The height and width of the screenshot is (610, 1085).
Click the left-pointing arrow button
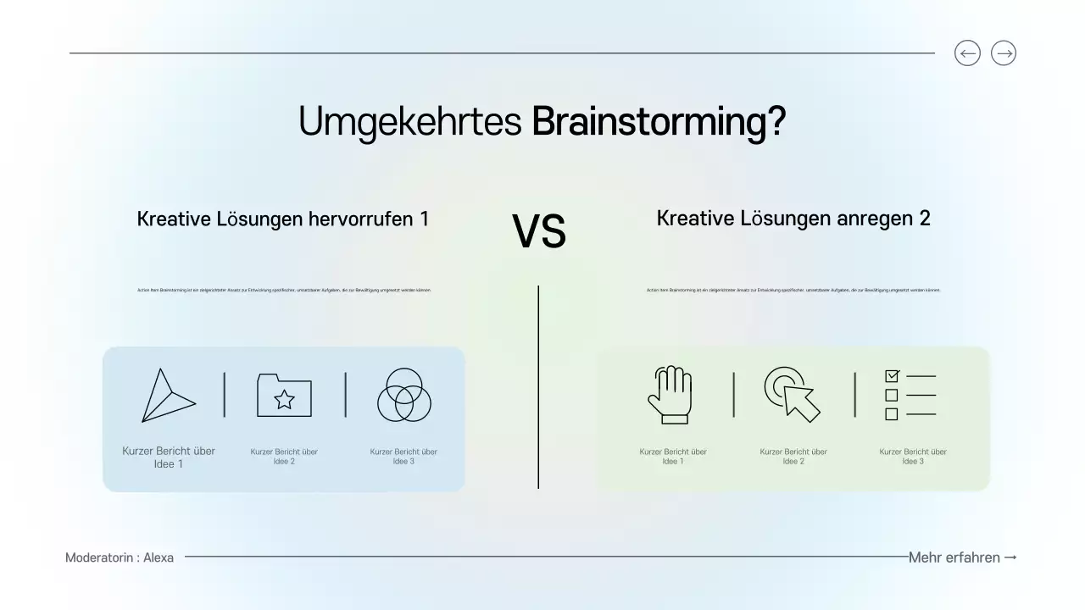(x=967, y=53)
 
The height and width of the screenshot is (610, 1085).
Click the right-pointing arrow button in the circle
(x=1004, y=53)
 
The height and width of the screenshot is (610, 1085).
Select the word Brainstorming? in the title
(x=659, y=122)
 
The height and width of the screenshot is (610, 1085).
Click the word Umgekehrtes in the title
(x=409, y=122)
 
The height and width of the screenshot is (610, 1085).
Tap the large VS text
(x=539, y=232)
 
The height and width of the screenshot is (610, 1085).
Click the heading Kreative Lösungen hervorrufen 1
(x=283, y=219)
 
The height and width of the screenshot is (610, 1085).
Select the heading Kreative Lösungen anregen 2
(x=793, y=218)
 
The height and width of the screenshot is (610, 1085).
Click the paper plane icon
(x=167, y=396)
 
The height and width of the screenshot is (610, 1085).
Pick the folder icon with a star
(x=284, y=395)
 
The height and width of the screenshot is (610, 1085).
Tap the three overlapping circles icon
(x=404, y=395)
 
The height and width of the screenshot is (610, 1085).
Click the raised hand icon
(x=670, y=395)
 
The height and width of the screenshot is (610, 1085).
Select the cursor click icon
(x=793, y=394)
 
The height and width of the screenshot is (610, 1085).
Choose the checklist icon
(x=910, y=395)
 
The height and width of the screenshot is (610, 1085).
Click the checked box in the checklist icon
(x=892, y=375)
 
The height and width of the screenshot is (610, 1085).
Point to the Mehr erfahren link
(x=962, y=557)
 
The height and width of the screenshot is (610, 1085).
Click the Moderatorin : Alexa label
(x=120, y=557)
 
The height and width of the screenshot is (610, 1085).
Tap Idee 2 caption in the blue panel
(x=284, y=457)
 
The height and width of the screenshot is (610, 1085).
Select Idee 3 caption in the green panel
(x=913, y=457)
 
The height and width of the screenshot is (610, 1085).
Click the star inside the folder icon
(x=285, y=399)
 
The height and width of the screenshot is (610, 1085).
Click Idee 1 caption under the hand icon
(x=673, y=457)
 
